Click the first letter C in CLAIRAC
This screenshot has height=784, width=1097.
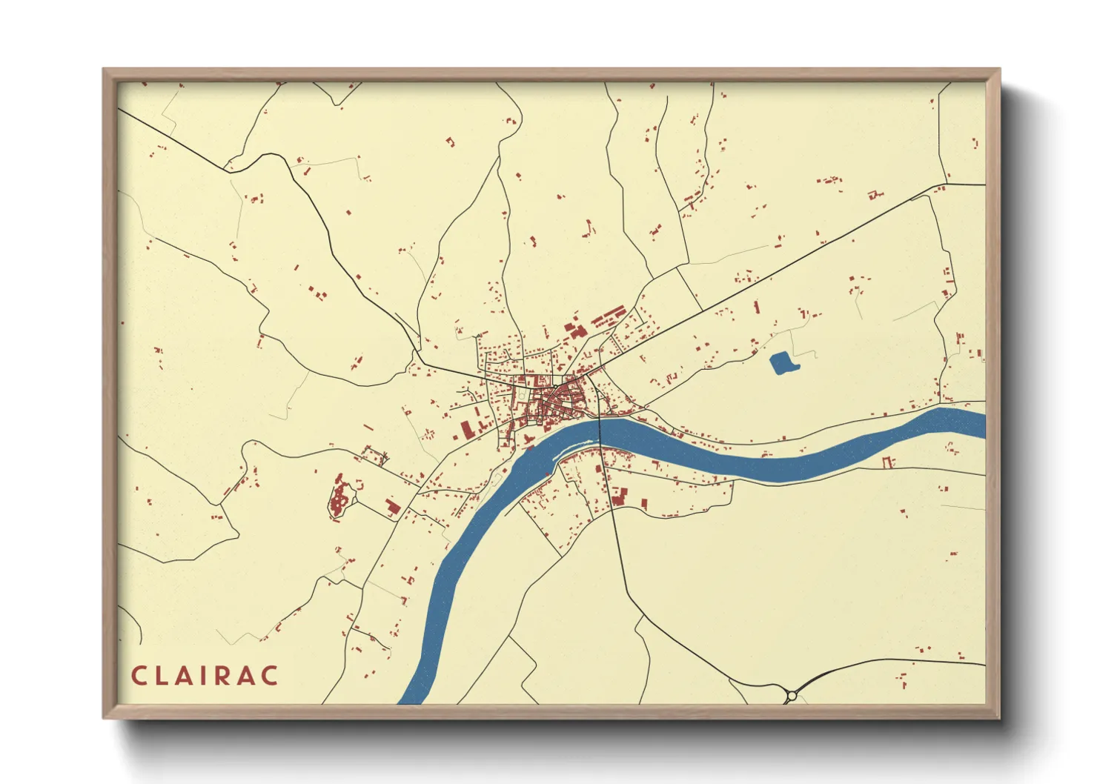[139, 676]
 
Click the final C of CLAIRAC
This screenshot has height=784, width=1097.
[271, 676]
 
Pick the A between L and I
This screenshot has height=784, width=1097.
[187, 676]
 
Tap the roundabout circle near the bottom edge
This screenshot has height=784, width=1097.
[791, 696]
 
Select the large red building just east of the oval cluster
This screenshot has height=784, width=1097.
[392, 507]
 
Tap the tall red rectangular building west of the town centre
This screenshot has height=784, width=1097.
[466, 431]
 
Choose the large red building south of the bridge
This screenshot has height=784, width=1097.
[618, 496]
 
